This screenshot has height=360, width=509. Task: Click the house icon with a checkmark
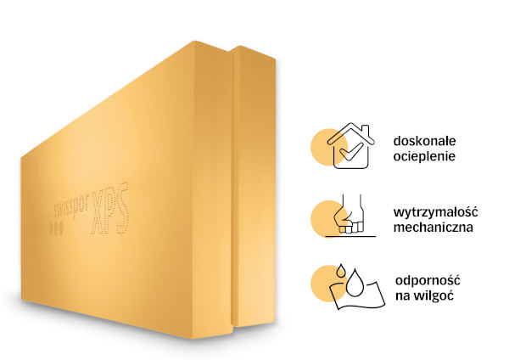pyautogui.click(x=349, y=146)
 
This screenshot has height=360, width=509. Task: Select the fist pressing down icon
pyautogui.click(x=348, y=217)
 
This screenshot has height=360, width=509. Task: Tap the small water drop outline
pyautogui.click(x=340, y=269)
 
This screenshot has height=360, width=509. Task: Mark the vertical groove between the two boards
pyautogui.click(x=235, y=187)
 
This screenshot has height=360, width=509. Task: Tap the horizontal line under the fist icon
pyautogui.click(x=348, y=236)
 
